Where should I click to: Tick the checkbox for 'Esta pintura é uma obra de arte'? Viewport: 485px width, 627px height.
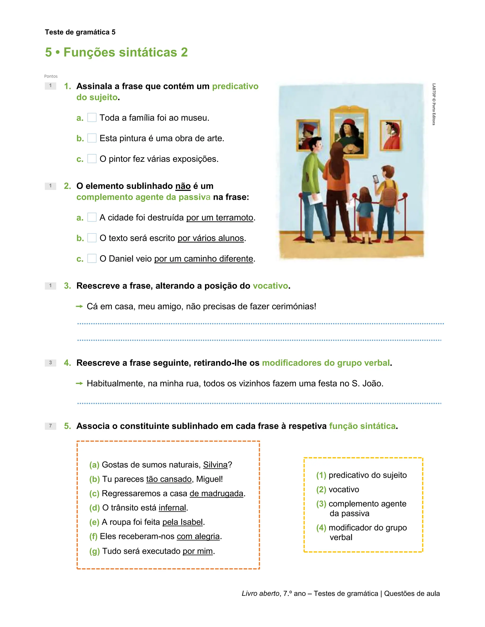click(92, 138)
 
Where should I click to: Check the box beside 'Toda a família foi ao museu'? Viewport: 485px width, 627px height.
click(92, 117)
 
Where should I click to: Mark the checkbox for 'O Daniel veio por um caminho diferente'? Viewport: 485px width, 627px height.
click(92, 258)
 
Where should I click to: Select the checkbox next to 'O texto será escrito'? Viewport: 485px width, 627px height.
click(92, 238)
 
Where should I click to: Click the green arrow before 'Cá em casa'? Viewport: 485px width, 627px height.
click(79, 307)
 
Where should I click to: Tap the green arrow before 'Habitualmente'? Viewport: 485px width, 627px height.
click(79, 383)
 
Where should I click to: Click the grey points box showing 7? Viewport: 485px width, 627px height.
click(51, 426)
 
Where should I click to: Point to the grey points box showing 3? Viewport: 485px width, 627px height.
click(51, 362)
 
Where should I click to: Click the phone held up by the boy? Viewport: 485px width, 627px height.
click(376, 179)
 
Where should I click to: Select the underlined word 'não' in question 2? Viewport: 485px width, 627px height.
click(183, 186)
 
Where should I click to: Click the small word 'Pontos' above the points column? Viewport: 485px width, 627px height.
click(51, 76)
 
